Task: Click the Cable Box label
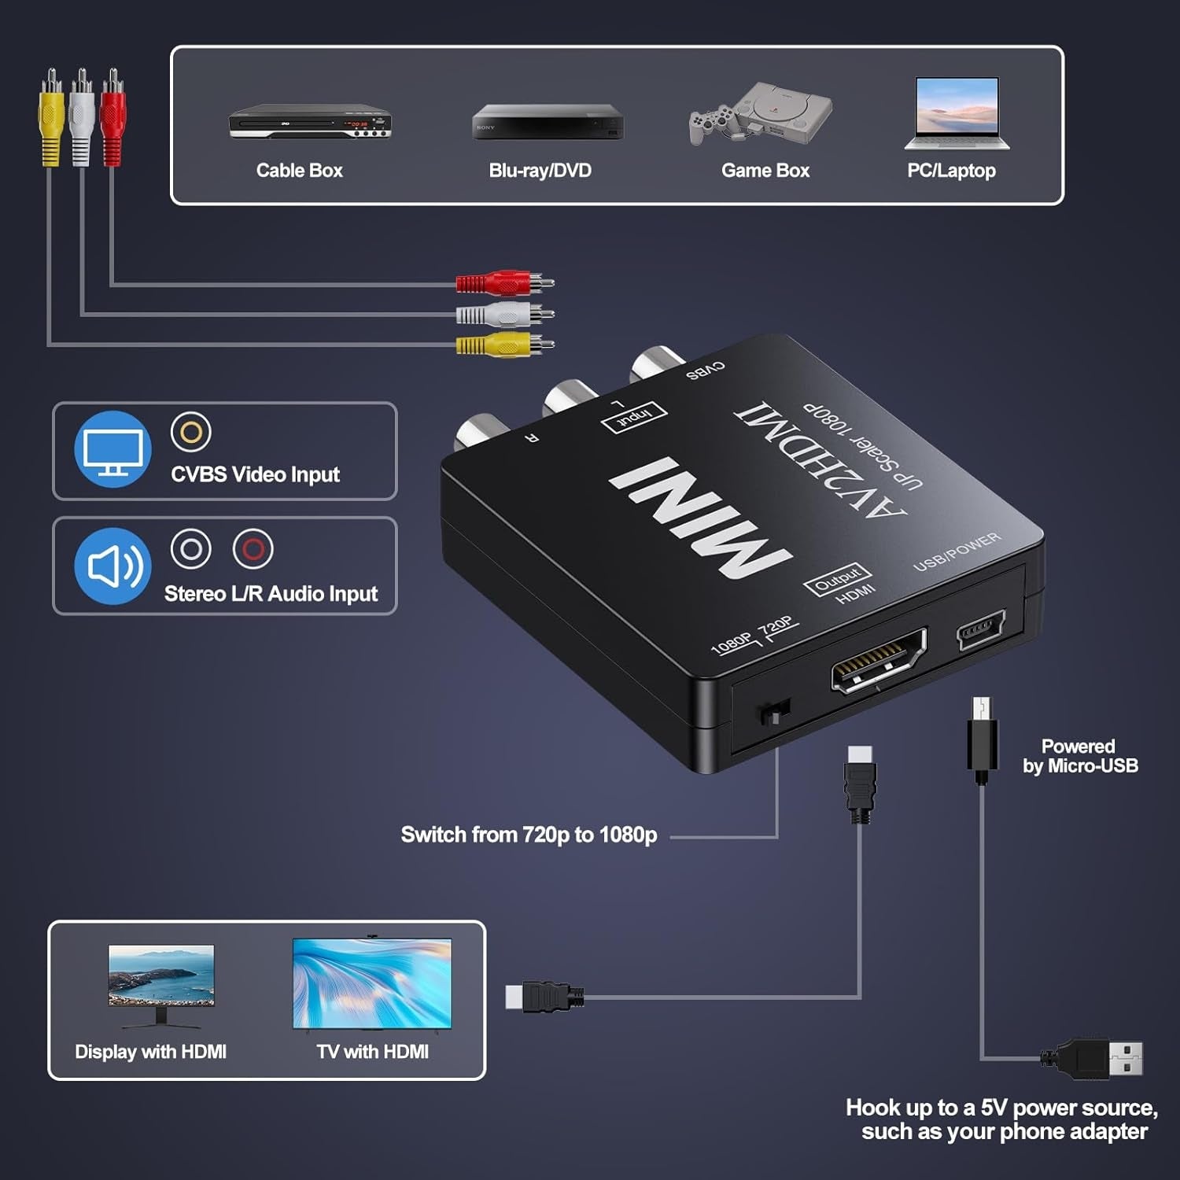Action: click(x=299, y=171)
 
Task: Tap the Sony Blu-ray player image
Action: click(x=548, y=122)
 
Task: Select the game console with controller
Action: click(x=761, y=114)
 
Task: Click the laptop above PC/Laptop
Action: click(x=957, y=112)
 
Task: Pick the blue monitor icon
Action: click(x=112, y=449)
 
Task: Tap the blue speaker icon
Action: click(x=112, y=566)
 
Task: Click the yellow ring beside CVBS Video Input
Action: click(x=191, y=432)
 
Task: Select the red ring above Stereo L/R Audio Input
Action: click(x=253, y=548)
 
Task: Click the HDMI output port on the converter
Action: click(x=879, y=661)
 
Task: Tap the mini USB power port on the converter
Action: click(x=980, y=629)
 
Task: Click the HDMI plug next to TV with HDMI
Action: click(x=544, y=997)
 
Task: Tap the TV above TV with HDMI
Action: click(x=372, y=983)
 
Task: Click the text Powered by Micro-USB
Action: click(x=1079, y=756)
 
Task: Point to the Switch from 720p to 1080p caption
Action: click(x=529, y=835)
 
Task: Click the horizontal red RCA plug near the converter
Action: click(x=504, y=282)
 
